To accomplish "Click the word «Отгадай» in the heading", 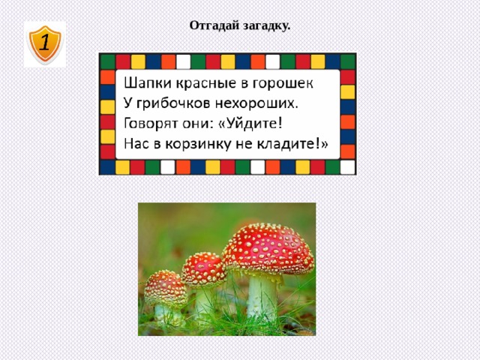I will tap(212, 25).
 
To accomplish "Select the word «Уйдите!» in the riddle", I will tap(253, 122).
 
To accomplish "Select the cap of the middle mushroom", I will tap(203, 268).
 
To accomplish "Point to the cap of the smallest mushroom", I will tap(164, 287).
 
